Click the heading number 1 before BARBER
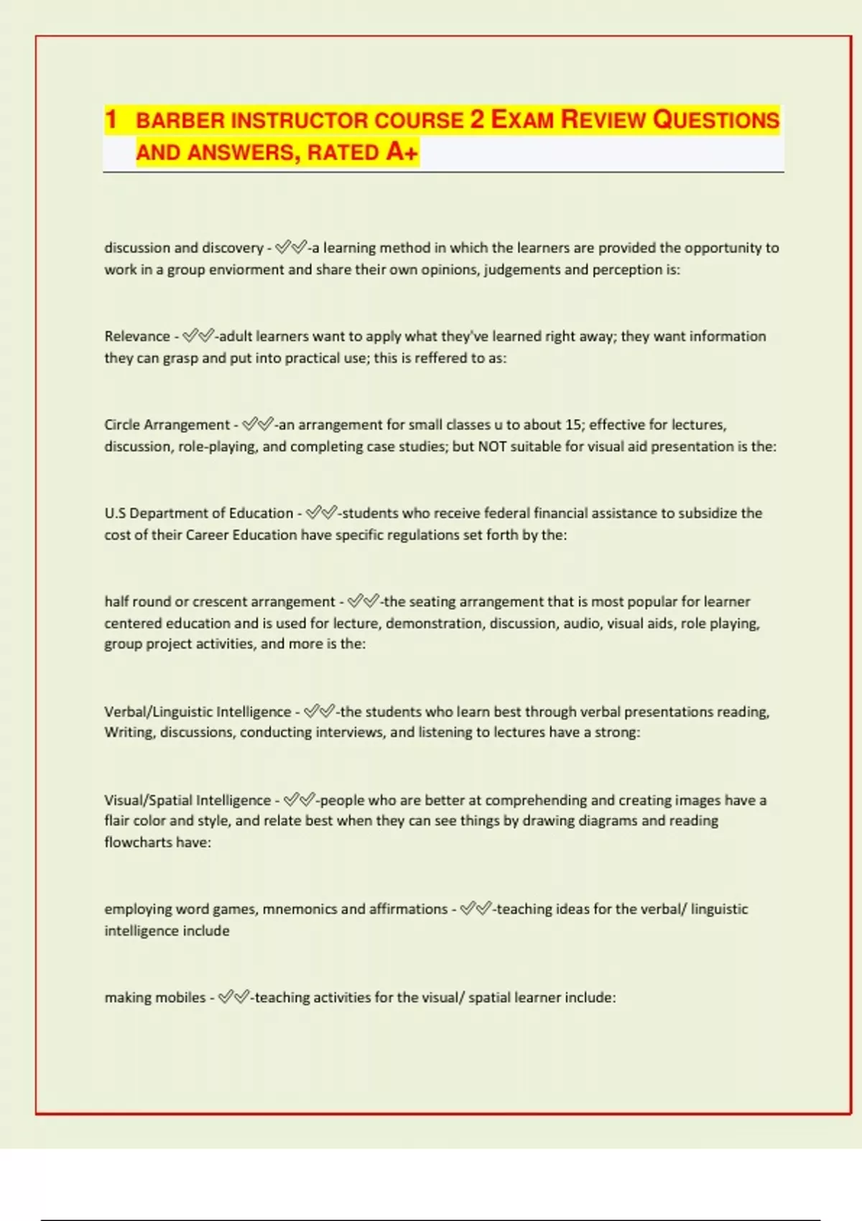click(x=111, y=119)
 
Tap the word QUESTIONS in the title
click(x=716, y=120)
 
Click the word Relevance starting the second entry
click(x=137, y=336)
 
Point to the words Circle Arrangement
click(x=167, y=424)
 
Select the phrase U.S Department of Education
click(x=199, y=513)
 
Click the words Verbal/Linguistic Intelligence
click(x=198, y=712)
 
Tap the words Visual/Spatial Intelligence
click(x=187, y=800)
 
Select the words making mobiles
click(x=155, y=997)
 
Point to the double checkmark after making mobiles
click(x=234, y=997)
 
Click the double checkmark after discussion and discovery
click(x=291, y=248)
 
